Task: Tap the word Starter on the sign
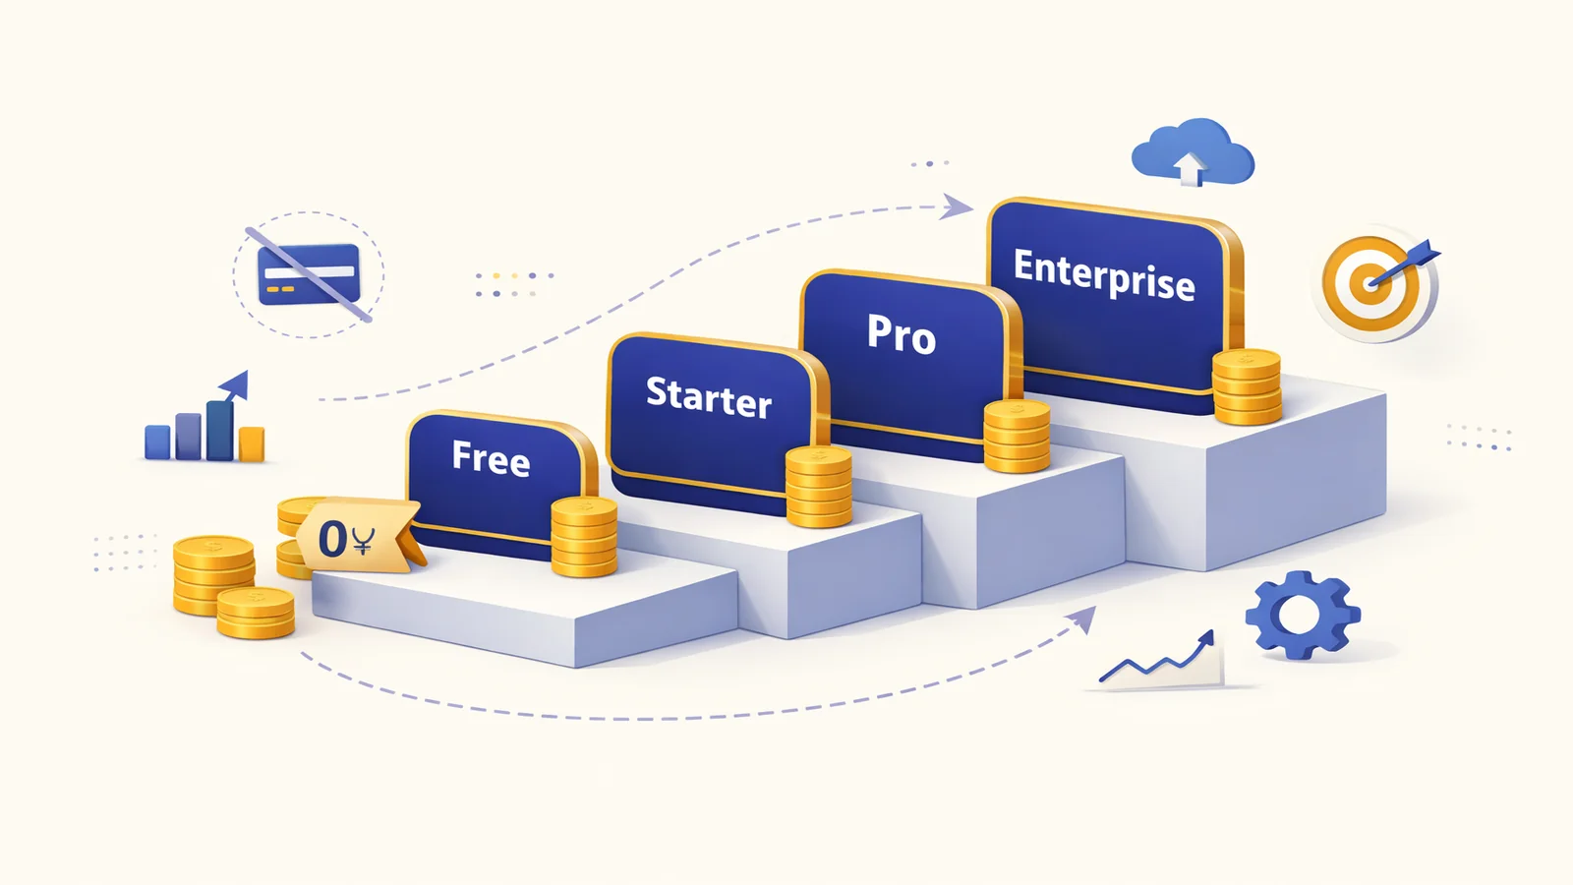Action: coord(709,397)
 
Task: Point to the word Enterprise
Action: coord(1104,274)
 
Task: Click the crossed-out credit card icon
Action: coord(309,274)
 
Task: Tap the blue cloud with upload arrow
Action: coord(1193,151)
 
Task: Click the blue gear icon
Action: coord(1303,616)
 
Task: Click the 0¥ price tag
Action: coord(357,536)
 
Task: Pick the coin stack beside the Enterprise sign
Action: coord(1248,387)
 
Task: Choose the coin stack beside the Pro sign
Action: coord(1017,437)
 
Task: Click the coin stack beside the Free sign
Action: coord(584,537)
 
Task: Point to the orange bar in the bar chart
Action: coord(252,443)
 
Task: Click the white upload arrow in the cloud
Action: coord(1190,169)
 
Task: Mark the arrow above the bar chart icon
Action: coord(235,386)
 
